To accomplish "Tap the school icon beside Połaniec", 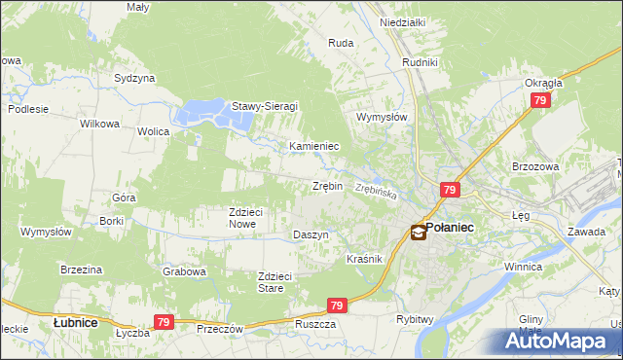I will click(x=418, y=232).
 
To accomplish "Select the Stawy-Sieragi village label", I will click(x=264, y=106).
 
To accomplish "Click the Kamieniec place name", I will click(x=313, y=146).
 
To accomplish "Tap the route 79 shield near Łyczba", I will click(x=164, y=322).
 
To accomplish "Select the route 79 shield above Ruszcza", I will click(x=337, y=306).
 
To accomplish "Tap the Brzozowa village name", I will click(x=534, y=166).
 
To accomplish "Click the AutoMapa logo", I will click(x=564, y=341).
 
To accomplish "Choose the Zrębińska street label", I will click(x=376, y=192).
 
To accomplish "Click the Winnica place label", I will click(x=522, y=266).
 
